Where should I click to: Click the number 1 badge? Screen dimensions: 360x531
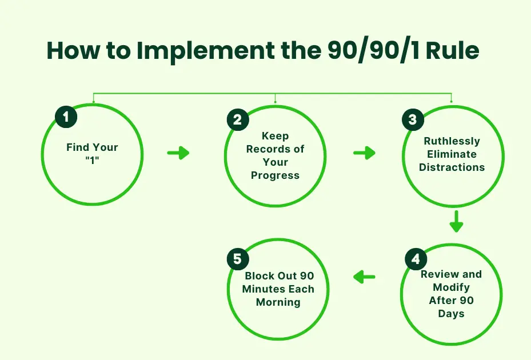[66, 118]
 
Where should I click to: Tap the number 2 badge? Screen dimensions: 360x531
[238, 119]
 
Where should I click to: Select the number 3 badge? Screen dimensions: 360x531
[413, 120]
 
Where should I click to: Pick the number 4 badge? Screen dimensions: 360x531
[416, 259]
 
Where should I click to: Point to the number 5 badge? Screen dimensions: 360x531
[238, 259]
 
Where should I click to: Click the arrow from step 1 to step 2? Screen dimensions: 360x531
[178, 153]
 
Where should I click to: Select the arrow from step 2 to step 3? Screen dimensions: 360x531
[364, 153]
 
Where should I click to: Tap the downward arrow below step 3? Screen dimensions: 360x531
[456, 221]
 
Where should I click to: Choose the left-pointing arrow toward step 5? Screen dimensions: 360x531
[364, 278]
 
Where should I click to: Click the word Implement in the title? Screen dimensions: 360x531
[198, 51]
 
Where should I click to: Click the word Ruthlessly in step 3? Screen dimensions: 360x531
[452, 141]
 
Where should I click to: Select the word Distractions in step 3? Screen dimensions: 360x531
[452, 167]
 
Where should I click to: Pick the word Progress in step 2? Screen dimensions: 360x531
[275, 175]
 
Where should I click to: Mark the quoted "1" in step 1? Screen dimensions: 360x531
[92, 159]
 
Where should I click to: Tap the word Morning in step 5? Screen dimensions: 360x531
[278, 302]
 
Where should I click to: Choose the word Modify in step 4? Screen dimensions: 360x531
[451, 287]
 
